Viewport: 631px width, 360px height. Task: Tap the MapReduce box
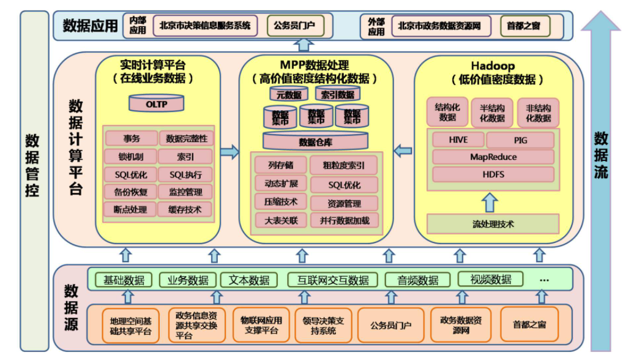coord(493,157)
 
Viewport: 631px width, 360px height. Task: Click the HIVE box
coord(458,140)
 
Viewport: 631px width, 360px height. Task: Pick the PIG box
coord(520,140)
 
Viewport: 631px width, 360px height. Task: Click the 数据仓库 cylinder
coord(315,141)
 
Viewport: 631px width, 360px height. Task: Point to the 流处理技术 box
coord(493,224)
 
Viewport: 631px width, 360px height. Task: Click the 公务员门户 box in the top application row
coord(294,26)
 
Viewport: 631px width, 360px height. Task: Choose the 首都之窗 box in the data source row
coord(529,324)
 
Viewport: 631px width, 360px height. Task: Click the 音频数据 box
coord(418,280)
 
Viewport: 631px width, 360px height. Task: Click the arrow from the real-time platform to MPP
coord(230,152)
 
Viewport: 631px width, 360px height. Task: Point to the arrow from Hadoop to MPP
coord(402,150)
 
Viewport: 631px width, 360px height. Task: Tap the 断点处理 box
coord(130,209)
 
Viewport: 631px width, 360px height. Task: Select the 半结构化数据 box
coord(492,113)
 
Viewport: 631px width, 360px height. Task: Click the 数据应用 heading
coord(90,26)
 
